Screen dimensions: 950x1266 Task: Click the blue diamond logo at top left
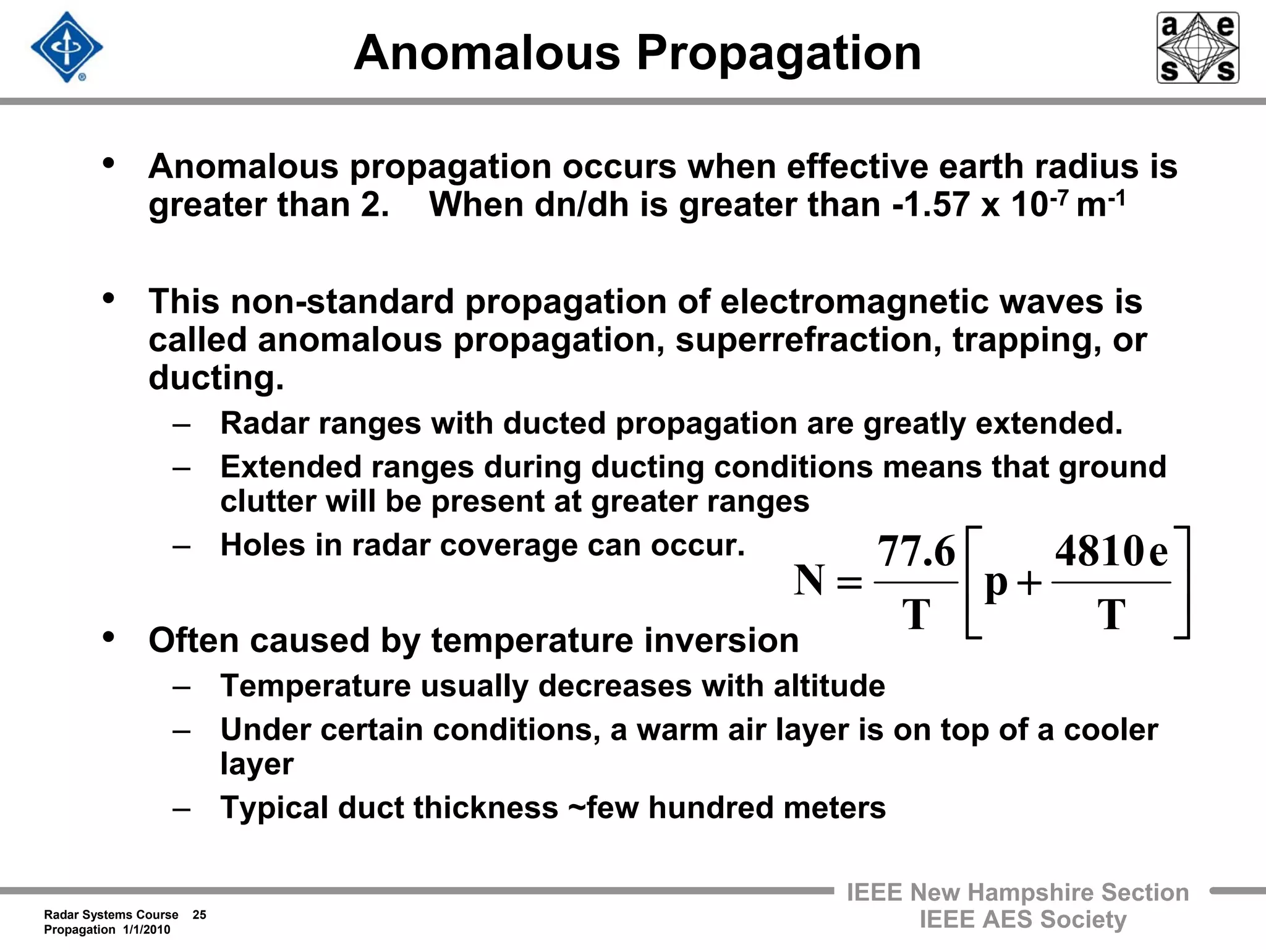pyautogui.click(x=67, y=48)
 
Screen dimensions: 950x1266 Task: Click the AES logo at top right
pyautogui.click(x=1197, y=48)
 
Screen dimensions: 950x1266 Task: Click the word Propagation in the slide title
pyautogui.click(x=779, y=53)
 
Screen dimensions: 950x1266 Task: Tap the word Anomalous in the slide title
pyautogui.click(x=486, y=53)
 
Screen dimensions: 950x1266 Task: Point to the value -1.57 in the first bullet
pyautogui.click(x=931, y=205)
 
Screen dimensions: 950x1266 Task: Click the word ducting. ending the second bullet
pyautogui.click(x=216, y=378)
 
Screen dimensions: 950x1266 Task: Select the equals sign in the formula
pyautogui.click(x=849, y=582)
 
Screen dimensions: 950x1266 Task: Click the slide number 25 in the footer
pyautogui.click(x=199, y=915)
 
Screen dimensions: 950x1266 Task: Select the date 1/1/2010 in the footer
pyautogui.click(x=147, y=930)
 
